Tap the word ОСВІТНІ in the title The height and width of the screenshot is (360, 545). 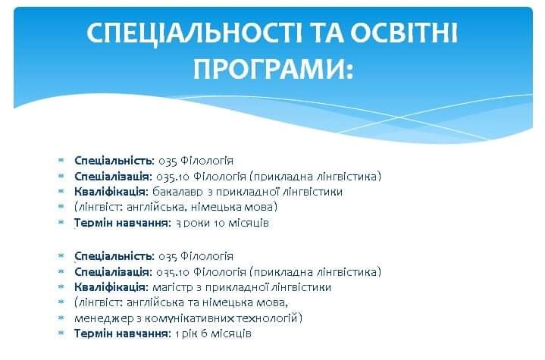coord(404,33)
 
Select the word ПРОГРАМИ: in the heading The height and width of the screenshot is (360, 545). coord(273,69)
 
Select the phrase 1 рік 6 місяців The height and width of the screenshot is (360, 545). coord(213,333)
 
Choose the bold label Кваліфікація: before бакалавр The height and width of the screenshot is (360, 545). coord(111,192)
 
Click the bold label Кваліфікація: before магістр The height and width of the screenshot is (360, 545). coord(111,287)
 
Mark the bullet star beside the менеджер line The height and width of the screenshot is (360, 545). coord(61,318)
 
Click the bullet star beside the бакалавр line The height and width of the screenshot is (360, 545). coord(61,191)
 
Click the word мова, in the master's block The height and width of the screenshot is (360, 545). coord(272,303)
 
